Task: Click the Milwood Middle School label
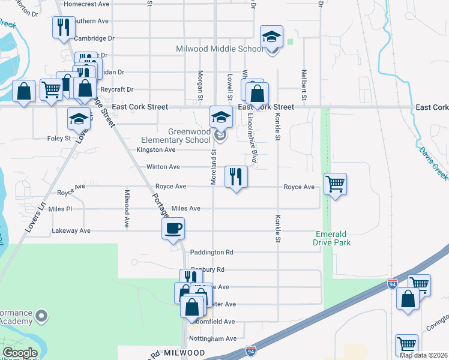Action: coord(218,49)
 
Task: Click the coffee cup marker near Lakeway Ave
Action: coord(173,229)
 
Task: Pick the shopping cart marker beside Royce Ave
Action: coord(335,184)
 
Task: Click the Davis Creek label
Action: coord(433,163)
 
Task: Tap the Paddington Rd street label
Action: coord(211,253)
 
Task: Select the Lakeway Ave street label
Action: coord(71,230)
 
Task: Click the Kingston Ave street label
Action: coord(155,149)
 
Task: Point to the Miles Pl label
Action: coord(60,209)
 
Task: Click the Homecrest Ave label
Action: coord(86,4)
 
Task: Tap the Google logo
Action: coord(20,352)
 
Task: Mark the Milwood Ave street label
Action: coord(127,208)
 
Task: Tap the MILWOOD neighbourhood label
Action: coord(183,352)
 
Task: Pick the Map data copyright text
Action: coord(423,355)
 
